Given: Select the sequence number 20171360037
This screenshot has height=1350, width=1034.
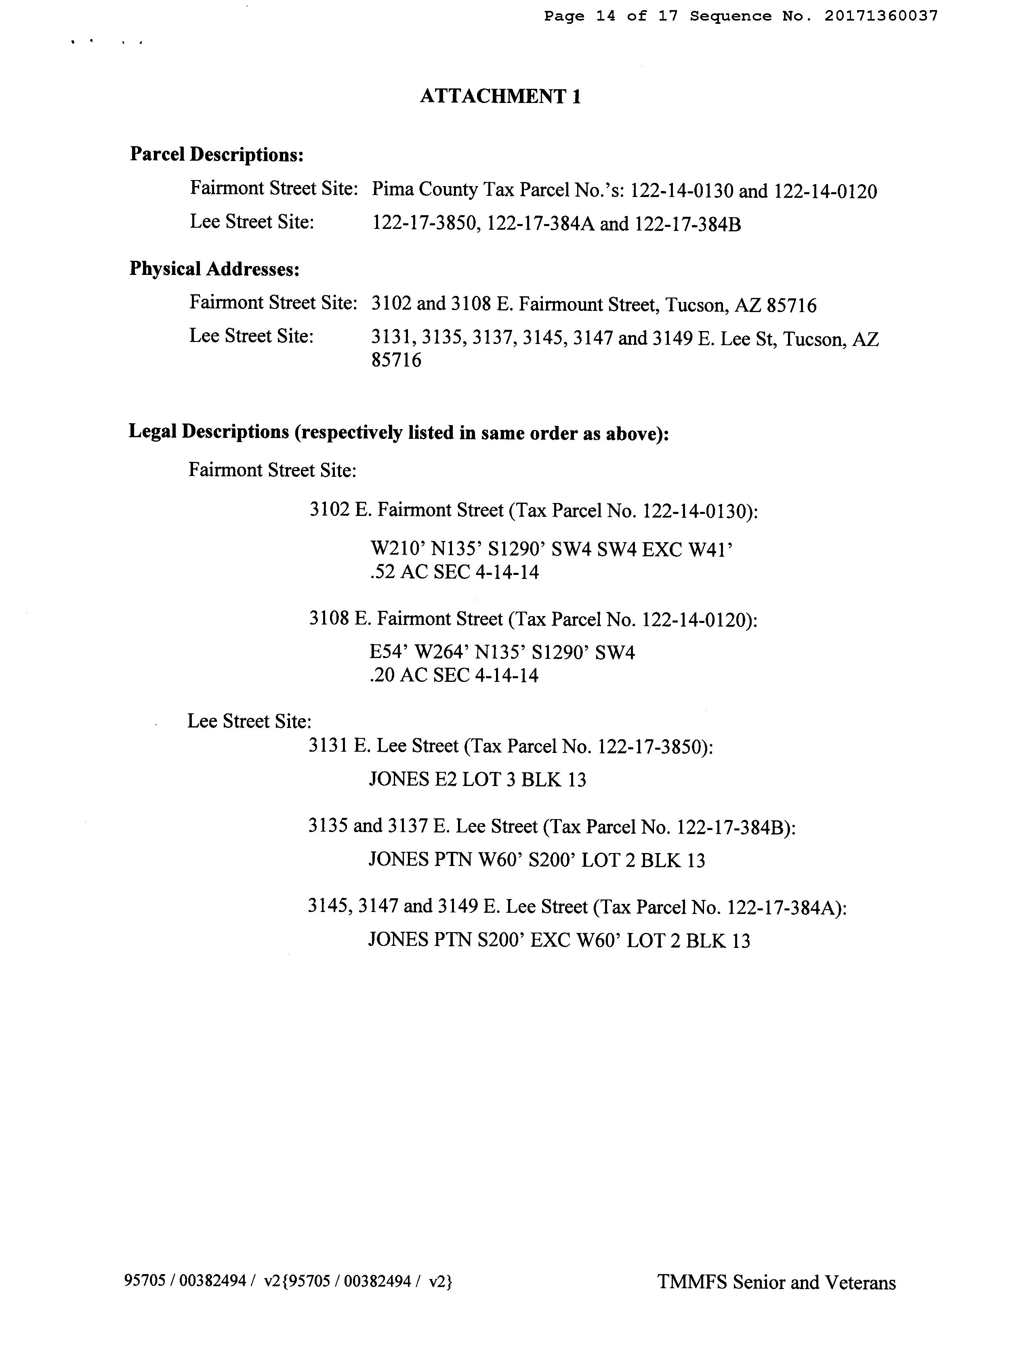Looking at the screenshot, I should coord(881,16).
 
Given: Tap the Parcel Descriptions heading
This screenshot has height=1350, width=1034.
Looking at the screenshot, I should coord(216,154).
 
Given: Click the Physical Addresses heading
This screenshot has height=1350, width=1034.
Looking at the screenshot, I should coord(214,269).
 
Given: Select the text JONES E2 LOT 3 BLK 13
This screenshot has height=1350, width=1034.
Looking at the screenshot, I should coord(477,780).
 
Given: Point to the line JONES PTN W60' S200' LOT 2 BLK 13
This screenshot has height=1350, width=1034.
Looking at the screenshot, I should coord(536,860).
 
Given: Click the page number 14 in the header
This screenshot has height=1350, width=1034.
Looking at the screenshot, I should coord(605,16).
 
